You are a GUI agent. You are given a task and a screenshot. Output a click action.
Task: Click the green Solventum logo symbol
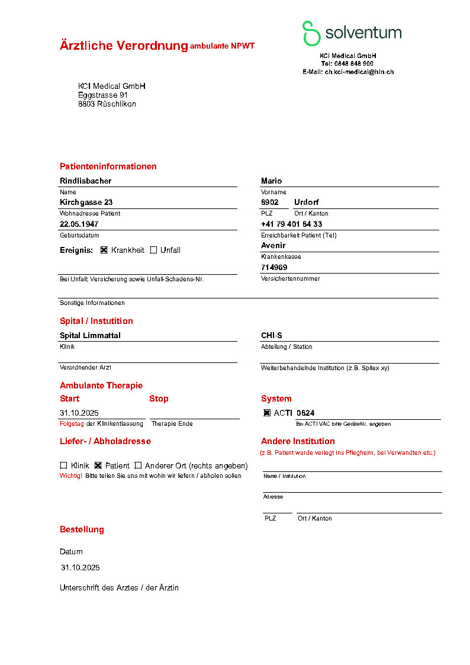coord(311,33)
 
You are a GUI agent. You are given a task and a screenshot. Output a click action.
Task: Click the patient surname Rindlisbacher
coord(85,181)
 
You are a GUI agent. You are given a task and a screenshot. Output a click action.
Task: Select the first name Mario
coord(271,181)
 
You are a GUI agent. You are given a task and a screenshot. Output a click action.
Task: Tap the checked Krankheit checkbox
coord(104,250)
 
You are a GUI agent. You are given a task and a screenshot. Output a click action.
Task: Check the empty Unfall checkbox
coord(153,250)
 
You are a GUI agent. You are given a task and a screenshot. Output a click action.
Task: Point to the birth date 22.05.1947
coord(79,224)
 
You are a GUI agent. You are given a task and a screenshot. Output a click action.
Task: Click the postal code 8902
coord(269,203)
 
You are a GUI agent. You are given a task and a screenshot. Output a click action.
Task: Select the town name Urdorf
coord(306,203)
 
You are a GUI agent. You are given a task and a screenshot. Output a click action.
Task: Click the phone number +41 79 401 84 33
coord(291,224)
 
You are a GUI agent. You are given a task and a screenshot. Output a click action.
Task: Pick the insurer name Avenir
coord(273,246)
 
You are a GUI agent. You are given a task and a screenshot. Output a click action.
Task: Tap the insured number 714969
coord(274,268)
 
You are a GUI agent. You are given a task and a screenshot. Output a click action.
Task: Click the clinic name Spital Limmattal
coord(90,336)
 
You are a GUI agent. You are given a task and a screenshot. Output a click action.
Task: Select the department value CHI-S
coord(271,336)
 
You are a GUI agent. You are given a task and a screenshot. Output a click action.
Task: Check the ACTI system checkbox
coord(267,413)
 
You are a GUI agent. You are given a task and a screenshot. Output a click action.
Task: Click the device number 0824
coord(305,413)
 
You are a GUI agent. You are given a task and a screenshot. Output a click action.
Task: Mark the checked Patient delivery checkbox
coord(98,465)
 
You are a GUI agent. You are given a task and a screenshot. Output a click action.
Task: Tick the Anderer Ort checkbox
coord(138,465)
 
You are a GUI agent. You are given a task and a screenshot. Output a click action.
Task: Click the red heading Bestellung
coord(82,529)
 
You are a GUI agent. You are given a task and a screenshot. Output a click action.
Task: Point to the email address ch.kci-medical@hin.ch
coord(359,72)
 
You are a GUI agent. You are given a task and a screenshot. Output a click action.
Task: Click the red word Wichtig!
coord(71,476)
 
